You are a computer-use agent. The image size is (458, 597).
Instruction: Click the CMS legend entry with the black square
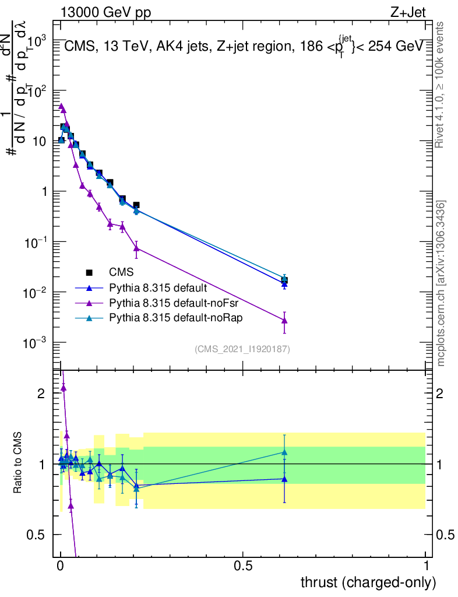(x=121, y=272)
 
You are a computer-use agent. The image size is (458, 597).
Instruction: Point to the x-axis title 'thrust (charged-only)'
(x=368, y=582)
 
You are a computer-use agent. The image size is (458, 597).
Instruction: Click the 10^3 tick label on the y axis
(x=36, y=41)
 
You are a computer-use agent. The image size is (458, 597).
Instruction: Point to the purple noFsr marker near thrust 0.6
(x=284, y=320)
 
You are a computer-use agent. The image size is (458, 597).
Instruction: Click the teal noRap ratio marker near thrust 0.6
(x=284, y=452)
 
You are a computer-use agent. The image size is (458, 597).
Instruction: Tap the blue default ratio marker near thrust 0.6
(x=284, y=479)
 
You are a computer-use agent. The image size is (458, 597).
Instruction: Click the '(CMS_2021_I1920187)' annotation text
(x=242, y=349)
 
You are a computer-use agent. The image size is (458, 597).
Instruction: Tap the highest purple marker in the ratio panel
(x=64, y=387)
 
